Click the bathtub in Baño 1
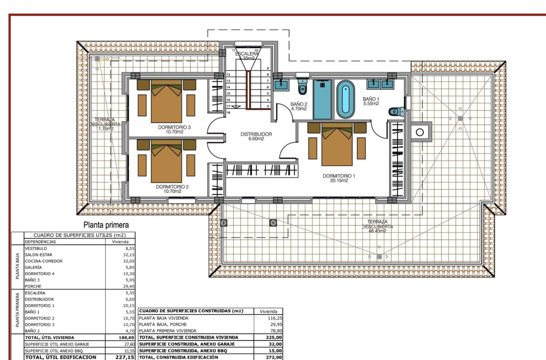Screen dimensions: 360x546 click(x=346, y=100)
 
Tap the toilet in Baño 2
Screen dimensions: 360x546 click(x=302, y=88)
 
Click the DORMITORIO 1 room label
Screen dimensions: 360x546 click(x=335, y=178)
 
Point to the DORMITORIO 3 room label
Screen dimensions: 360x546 click(x=174, y=129)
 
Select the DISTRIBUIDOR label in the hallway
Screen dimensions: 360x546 click(x=256, y=136)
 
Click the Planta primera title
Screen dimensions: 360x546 click(x=106, y=225)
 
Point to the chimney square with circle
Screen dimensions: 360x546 click(x=419, y=133)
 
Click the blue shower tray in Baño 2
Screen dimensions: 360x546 click(x=323, y=99)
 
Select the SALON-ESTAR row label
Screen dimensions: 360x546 click(x=38, y=255)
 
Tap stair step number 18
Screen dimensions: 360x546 click(x=228, y=113)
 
